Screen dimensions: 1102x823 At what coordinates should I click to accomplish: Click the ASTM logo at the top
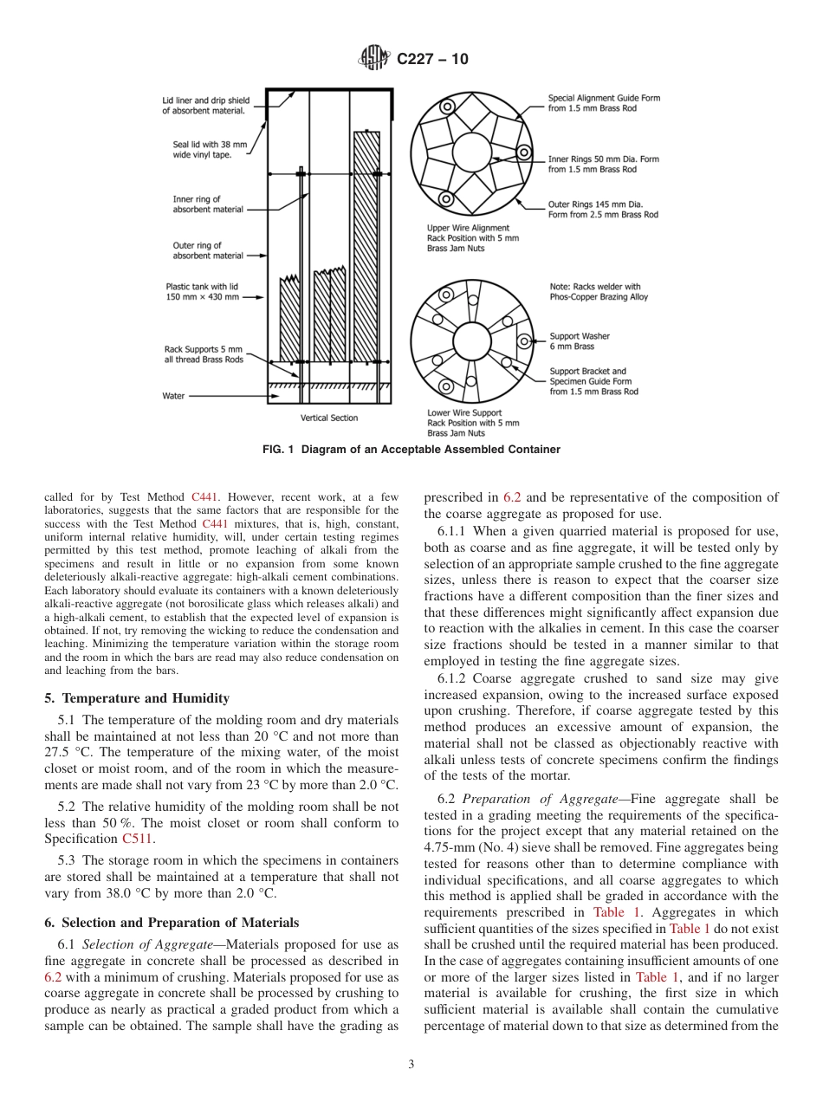[374, 59]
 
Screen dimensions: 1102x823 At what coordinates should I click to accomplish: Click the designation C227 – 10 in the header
[432, 59]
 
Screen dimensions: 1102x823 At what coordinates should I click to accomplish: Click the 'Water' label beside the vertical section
[173, 396]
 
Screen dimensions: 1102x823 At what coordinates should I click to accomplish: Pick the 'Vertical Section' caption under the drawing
[328, 418]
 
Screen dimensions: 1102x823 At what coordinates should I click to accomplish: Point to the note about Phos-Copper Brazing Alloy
[598, 292]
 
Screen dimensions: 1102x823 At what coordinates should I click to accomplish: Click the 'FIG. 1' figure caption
[411, 450]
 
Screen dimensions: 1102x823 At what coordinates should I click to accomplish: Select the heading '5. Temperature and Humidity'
[137, 698]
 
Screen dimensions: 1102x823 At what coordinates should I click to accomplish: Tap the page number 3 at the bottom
[411, 1064]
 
